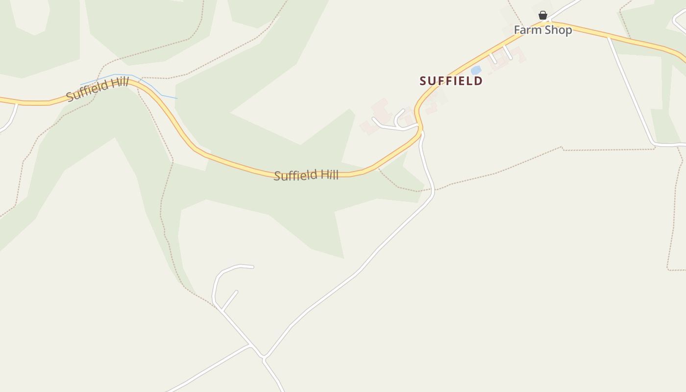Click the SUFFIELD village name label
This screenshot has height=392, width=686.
(x=451, y=81)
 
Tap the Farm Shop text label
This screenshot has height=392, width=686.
(x=542, y=30)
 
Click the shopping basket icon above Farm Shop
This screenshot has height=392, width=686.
(x=542, y=15)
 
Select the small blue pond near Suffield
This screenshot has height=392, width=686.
(x=476, y=71)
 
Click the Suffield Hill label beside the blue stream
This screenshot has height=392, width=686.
(x=98, y=89)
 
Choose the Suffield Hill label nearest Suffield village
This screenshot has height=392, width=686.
(x=306, y=175)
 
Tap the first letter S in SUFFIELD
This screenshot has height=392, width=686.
(x=423, y=81)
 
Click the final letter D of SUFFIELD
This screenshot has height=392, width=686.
(x=479, y=81)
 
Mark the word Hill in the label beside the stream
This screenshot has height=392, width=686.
(x=119, y=83)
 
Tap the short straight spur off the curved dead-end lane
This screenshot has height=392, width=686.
(x=230, y=300)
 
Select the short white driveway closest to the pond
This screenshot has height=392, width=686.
(x=492, y=58)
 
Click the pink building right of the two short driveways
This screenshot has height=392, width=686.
(x=518, y=54)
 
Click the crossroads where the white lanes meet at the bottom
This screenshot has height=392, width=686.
(x=264, y=357)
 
